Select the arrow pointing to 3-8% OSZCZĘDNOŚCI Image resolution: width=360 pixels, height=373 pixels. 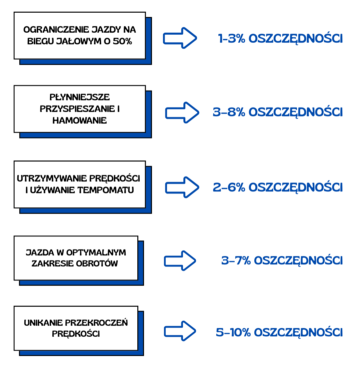point(182,113)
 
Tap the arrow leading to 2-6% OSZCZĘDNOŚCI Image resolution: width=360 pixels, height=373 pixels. point(182,187)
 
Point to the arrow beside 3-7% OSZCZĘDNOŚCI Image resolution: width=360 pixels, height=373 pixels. point(180,260)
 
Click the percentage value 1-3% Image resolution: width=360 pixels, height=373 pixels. point(232,39)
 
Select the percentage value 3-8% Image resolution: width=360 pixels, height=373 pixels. point(229,113)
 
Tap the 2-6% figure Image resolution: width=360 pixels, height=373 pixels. point(229,187)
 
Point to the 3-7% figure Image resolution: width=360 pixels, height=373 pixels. point(236,260)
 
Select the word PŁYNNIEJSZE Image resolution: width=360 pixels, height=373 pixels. point(79,97)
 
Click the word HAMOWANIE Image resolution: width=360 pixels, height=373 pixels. point(80,121)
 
